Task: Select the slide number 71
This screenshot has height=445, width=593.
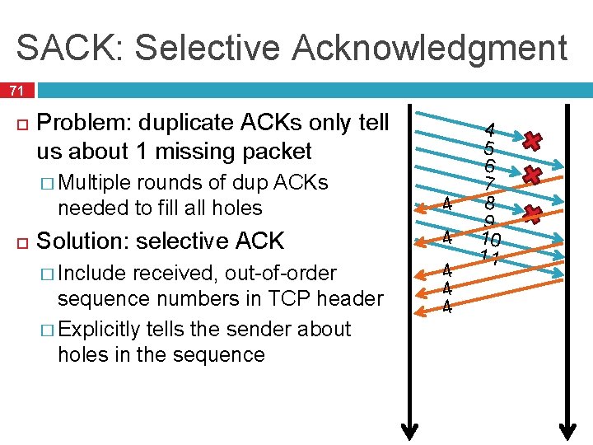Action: click(x=17, y=90)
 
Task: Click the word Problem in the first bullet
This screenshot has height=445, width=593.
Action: click(x=84, y=123)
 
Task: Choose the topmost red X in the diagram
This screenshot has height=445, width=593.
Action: click(x=532, y=141)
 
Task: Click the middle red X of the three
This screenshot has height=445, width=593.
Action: click(x=532, y=176)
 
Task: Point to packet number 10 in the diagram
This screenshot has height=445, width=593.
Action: click(x=491, y=240)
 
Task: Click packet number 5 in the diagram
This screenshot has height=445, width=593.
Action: click(x=489, y=149)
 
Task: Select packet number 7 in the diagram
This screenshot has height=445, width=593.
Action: click(x=489, y=184)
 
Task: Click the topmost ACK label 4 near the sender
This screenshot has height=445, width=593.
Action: click(x=446, y=203)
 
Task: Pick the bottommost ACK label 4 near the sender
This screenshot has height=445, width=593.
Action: click(x=446, y=307)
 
